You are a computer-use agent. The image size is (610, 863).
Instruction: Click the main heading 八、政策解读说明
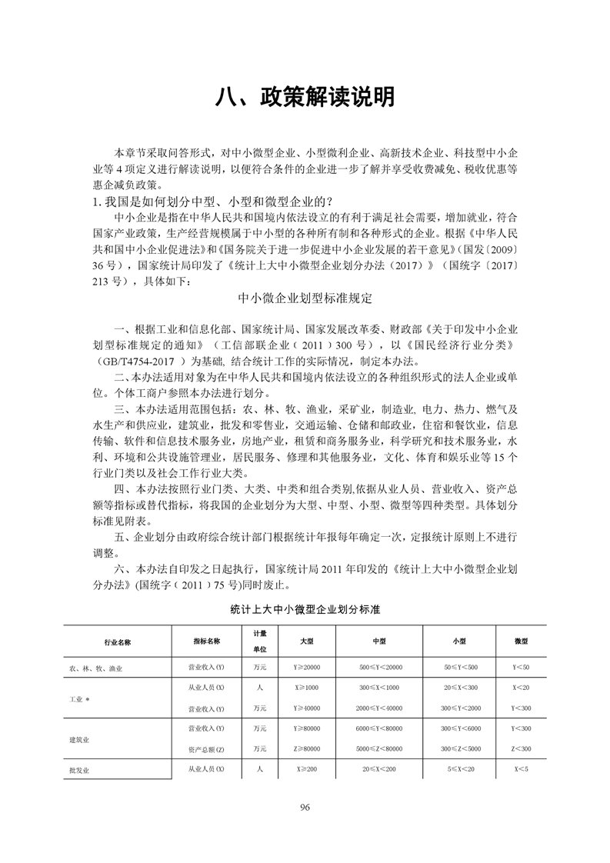[x=305, y=98]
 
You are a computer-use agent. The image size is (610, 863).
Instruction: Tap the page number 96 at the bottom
[x=305, y=807]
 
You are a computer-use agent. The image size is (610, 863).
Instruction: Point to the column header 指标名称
[x=206, y=640]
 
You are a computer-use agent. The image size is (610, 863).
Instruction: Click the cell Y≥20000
[x=306, y=668]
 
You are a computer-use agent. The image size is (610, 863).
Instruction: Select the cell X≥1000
[x=306, y=687]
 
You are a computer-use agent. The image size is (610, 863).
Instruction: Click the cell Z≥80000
[x=306, y=748]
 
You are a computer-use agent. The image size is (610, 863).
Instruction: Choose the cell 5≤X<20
[x=459, y=768]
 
